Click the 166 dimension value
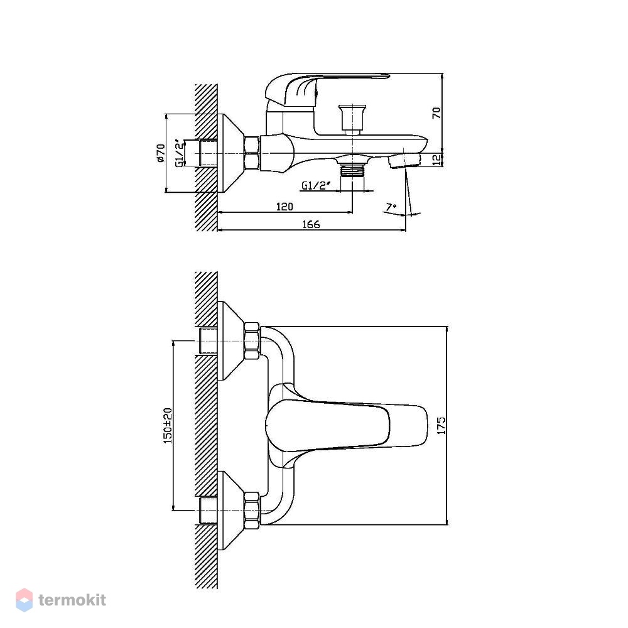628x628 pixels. [x=311, y=225]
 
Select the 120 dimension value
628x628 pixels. [x=284, y=207]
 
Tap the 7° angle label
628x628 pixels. [x=391, y=207]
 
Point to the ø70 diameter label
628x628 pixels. [x=161, y=153]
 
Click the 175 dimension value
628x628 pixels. [x=441, y=425]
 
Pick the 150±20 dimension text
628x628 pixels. [x=168, y=425]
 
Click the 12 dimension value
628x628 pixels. [x=436, y=160]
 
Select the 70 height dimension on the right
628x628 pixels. [x=436, y=112]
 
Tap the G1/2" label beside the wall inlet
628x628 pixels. [x=180, y=153]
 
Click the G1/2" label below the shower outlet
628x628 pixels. [x=316, y=185]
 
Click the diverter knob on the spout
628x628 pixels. [x=352, y=118]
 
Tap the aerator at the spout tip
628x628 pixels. [x=404, y=162]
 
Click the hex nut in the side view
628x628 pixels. [x=252, y=153]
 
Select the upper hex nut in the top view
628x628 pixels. [x=252, y=341]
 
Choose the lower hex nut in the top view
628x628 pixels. [x=252, y=511]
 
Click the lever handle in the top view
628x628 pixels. [x=347, y=426]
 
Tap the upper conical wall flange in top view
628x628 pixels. [x=231, y=341]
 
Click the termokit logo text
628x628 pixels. [x=72, y=600]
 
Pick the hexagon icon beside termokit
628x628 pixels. [x=24, y=600]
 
